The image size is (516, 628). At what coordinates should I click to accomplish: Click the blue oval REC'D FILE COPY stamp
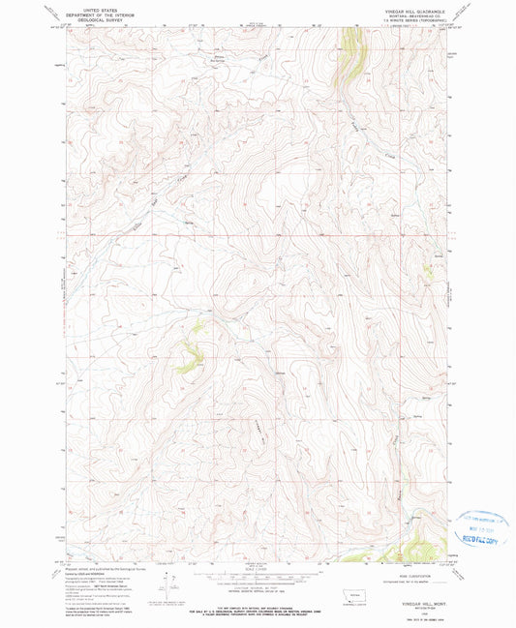pyautogui.click(x=480, y=523)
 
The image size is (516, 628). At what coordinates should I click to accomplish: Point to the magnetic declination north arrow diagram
pyautogui.click(x=167, y=583)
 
